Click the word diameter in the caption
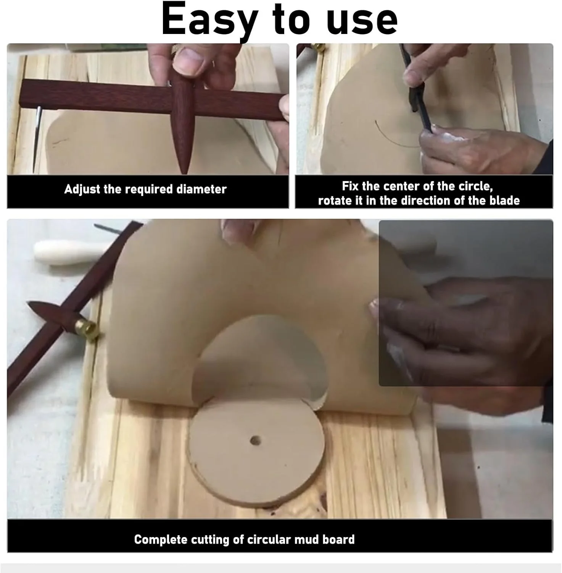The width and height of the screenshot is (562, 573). (201, 189)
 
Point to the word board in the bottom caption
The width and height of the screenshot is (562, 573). (339, 539)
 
